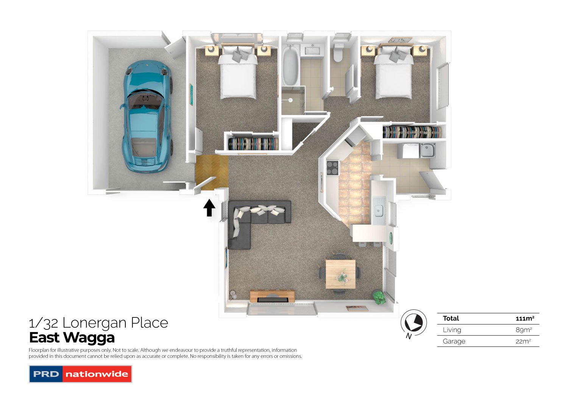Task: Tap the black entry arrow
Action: pos(209,208)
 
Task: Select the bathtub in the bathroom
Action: pos(290,65)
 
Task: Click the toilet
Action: pos(338,53)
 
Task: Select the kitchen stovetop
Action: pos(332,168)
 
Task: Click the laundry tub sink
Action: pos(428,151)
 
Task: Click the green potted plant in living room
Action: pos(378,297)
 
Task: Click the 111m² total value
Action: pos(524,319)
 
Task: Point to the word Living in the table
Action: pos(452,330)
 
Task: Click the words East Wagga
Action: pos(72,337)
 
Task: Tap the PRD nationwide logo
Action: pos(80,374)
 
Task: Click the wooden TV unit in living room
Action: pos(272,296)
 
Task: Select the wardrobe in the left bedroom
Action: pos(253,144)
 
